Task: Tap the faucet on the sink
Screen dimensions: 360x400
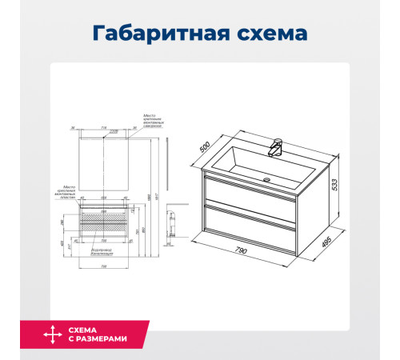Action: (x=277, y=147)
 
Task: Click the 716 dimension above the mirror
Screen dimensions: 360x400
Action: (x=105, y=127)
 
